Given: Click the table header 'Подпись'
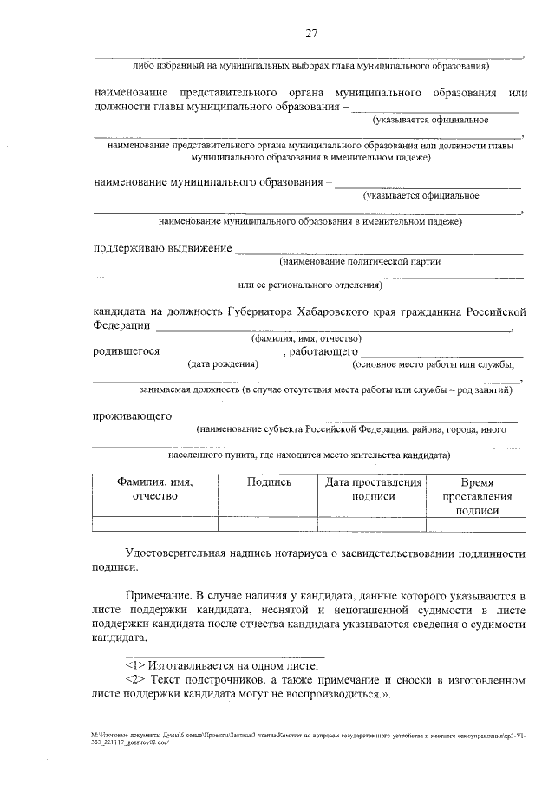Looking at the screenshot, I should tap(269, 481).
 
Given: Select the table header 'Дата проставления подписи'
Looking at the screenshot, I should tap(373, 488).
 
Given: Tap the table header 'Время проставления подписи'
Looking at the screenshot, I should tap(476, 496).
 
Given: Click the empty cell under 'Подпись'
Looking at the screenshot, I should tap(269, 523).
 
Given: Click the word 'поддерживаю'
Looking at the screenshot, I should tap(133, 250).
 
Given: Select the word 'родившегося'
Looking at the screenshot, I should tap(127, 351).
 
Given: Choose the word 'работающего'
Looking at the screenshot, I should tap(324, 351).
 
